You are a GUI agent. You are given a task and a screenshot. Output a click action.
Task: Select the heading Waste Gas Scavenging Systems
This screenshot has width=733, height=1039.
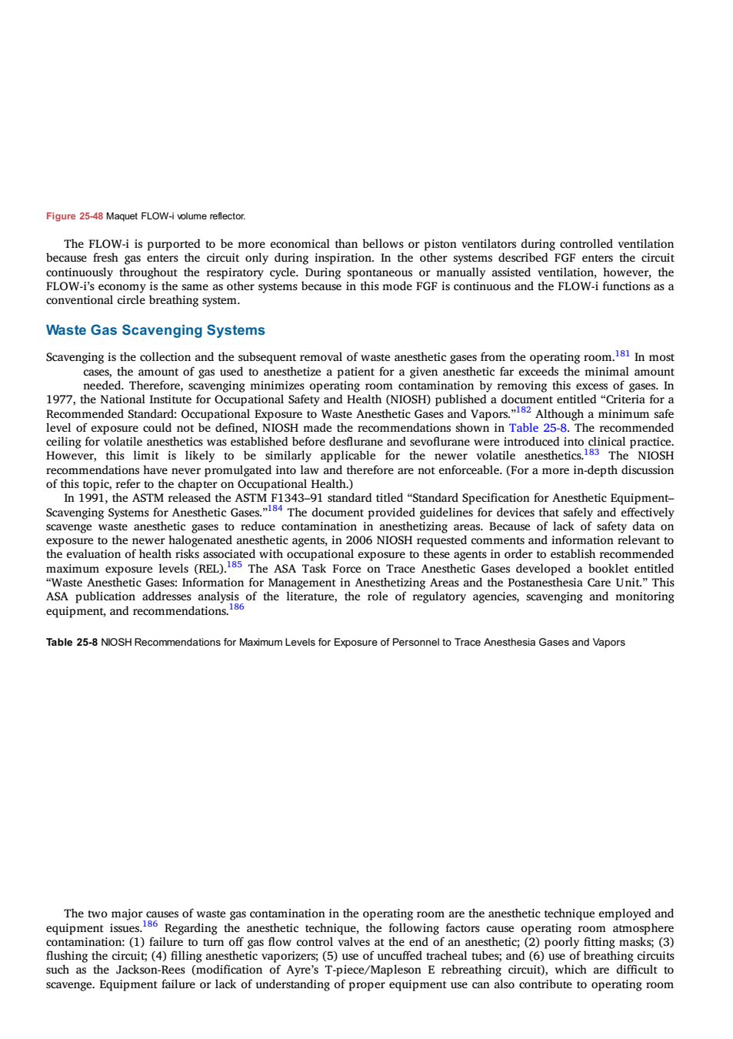pyautogui.click(x=155, y=330)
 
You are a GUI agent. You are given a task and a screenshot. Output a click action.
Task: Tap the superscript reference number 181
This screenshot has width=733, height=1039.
pyautogui.click(x=622, y=354)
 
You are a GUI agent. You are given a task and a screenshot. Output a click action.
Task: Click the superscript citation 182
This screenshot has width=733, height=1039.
pyautogui.click(x=524, y=410)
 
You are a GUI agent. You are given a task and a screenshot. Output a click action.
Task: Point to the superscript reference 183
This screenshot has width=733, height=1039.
pyautogui.click(x=591, y=452)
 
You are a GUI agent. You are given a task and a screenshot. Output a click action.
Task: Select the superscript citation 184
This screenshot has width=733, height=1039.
pyautogui.click(x=275, y=509)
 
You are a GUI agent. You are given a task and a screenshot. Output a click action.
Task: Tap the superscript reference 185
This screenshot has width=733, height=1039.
pyautogui.click(x=234, y=564)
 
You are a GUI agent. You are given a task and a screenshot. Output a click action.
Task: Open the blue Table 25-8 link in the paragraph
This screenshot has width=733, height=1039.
pyautogui.click(x=538, y=428)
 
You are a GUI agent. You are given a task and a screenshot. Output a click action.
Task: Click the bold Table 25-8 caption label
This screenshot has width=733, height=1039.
pyautogui.click(x=72, y=643)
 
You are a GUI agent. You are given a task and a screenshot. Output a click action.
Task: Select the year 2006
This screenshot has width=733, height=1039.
pyautogui.click(x=359, y=541)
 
